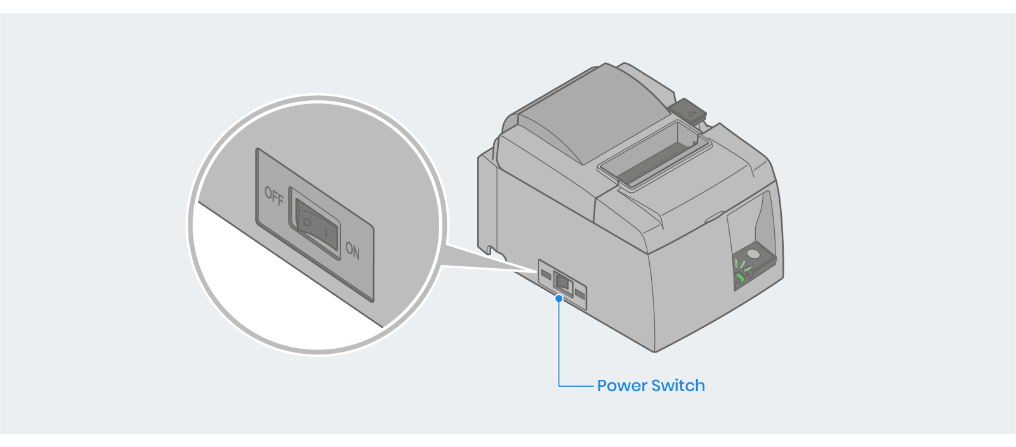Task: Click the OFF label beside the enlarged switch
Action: (x=274, y=196)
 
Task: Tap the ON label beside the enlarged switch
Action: (x=353, y=251)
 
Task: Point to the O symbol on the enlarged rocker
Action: (x=307, y=223)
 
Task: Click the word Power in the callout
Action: (x=621, y=385)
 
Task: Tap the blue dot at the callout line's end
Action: (x=558, y=298)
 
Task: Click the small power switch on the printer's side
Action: (x=562, y=282)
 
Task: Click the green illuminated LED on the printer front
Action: (x=739, y=278)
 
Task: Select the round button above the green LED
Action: (x=753, y=254)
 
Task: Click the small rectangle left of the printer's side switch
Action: (x=546, y=274)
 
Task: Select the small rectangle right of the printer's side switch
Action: (x=579, y=294)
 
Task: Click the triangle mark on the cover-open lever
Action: (x=693, y=114)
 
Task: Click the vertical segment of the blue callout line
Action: (x=558, y=342)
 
